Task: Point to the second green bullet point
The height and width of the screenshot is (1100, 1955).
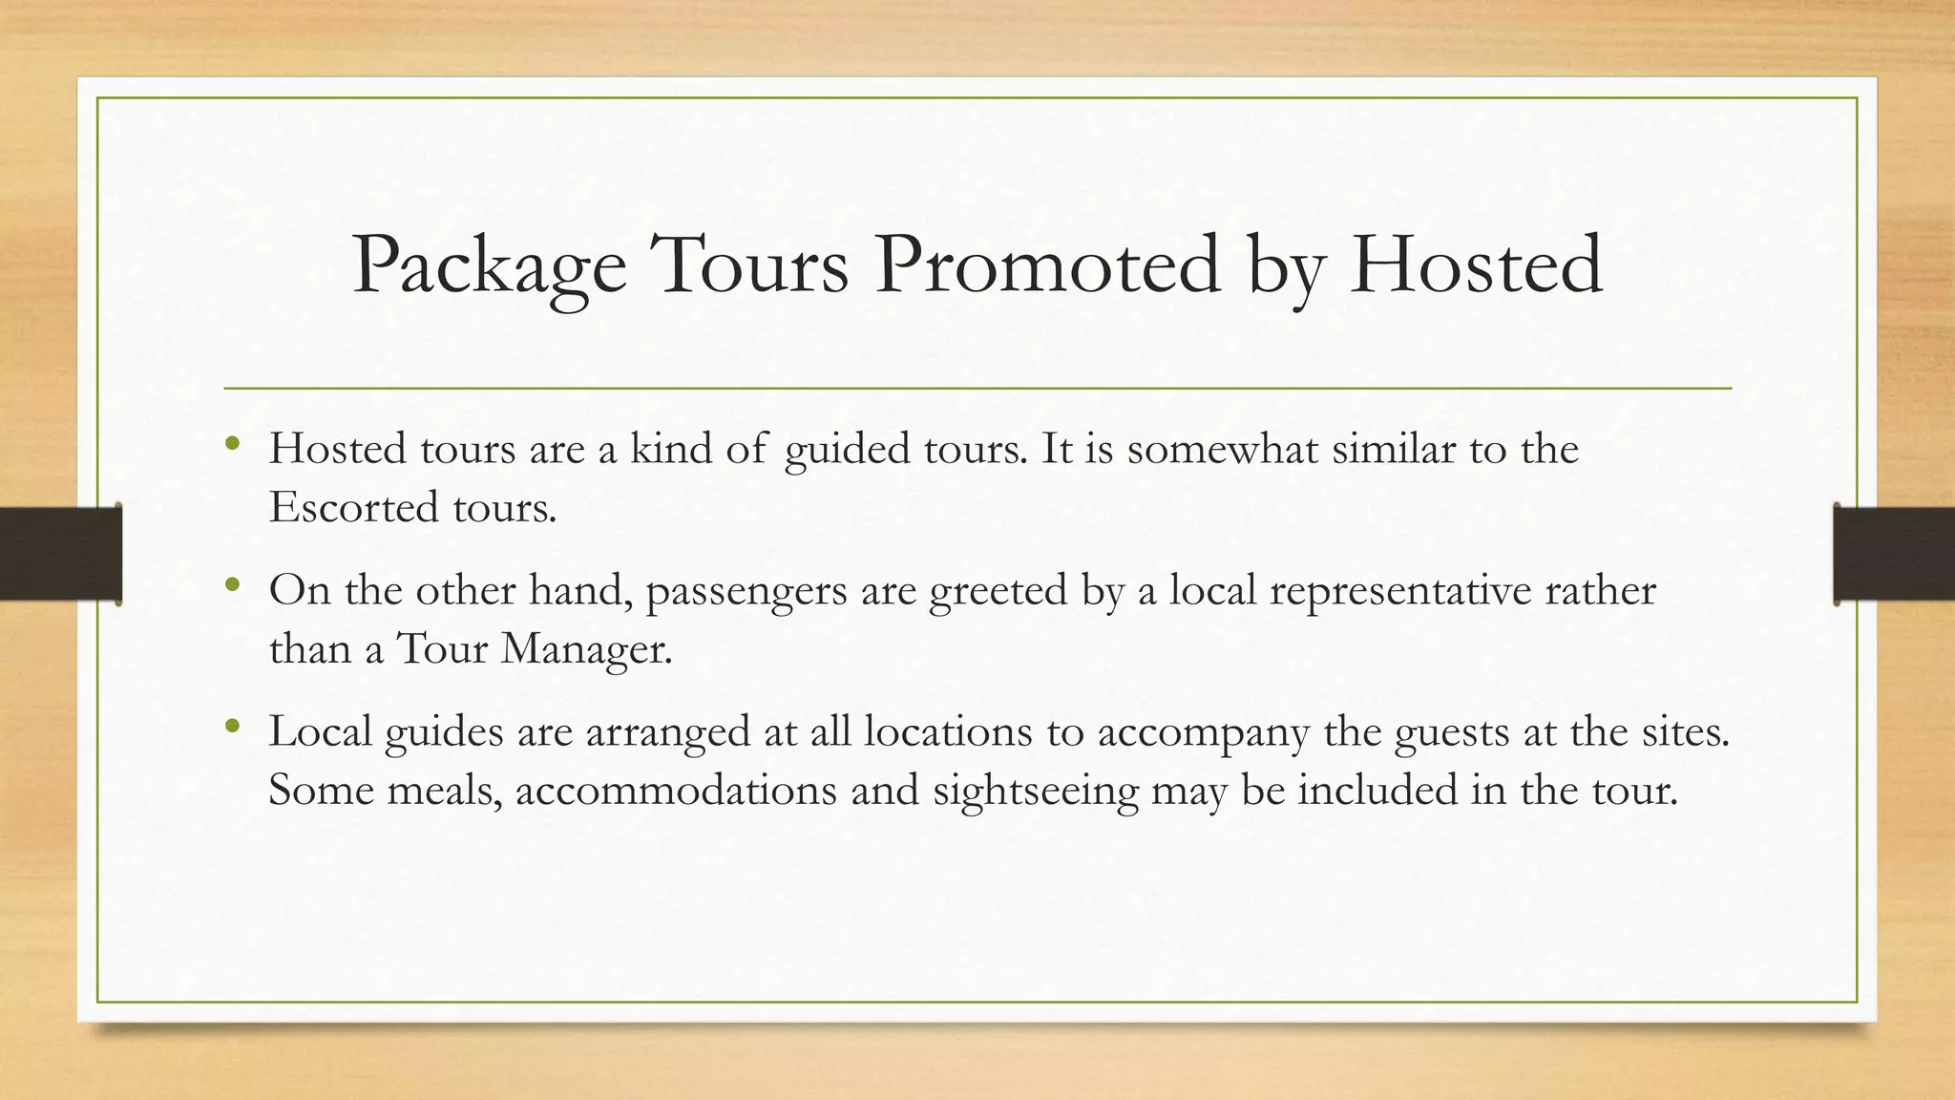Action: (232, 584)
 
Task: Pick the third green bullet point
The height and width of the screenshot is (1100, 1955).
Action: (232, 727)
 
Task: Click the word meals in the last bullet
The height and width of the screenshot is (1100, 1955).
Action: (444, 792)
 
